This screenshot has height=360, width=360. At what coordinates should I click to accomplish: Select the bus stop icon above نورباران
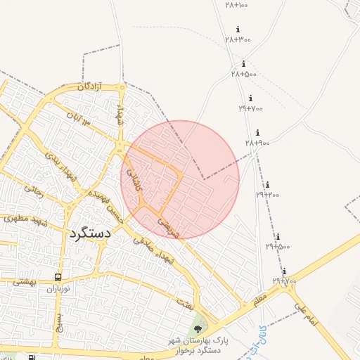click(x=58, y=277)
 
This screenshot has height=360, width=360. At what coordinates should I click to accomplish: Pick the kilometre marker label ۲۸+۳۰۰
click(x=238, y=39)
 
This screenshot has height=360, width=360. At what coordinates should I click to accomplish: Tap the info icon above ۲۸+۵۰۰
click(x=243, y=64)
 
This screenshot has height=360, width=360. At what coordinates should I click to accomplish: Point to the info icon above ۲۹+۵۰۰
click(x=278, y=237)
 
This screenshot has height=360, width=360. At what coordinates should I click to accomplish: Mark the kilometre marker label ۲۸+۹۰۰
click(x=257, y=143)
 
